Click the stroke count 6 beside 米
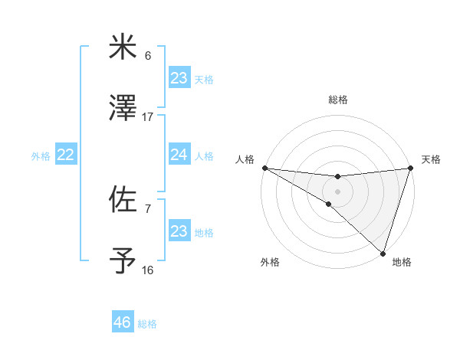(148, 56)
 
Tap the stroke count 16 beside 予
(148, 270)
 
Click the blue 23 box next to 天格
(179, 78)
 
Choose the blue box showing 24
(179, 155)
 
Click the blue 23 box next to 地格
(179, 231)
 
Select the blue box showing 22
(66, 155)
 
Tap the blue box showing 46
(123, 322)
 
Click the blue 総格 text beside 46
(147, 324)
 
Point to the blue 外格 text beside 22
(41, 155)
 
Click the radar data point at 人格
(264, 168)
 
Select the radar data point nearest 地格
(383, 254)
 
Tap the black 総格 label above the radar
(337, 100)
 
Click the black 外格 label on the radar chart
(269, 262)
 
